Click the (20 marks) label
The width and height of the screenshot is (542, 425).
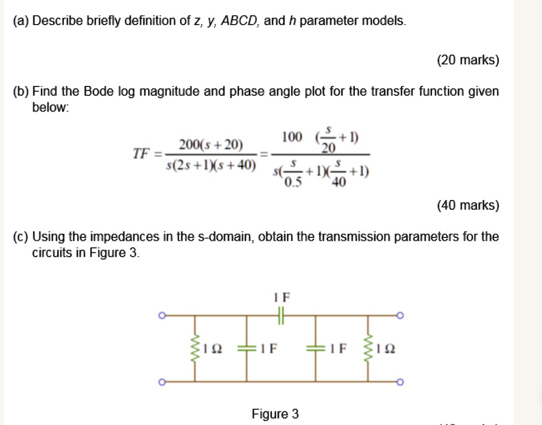(x=468, y=60)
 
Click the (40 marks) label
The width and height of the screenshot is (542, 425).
(x=468, y=205)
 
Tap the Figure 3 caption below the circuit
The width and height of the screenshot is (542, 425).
(x=275, y=413)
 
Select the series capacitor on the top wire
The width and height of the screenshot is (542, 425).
(x=281, y=316)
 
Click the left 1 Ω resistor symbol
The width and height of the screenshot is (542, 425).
(x=195, y=348)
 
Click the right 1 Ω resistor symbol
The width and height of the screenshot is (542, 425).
(x=368, y=348)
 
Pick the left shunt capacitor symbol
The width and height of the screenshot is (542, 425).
(x=247, y=348)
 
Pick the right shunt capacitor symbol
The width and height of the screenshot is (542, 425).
(x=315, y=348)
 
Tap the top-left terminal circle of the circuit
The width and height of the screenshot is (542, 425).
(x=162, y=316)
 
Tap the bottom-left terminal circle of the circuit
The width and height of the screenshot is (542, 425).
(x=162, y=382)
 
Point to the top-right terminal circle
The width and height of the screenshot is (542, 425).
(x=400, y=316)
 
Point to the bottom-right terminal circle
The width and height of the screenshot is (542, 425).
(x=400, y=382)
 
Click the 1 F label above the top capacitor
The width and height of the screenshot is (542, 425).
(x=282, y=297)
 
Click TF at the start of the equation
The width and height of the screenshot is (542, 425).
(x=141, y=153)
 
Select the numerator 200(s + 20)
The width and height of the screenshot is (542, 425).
(x=211, y=144)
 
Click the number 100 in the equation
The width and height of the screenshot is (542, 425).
(x=292, y=137)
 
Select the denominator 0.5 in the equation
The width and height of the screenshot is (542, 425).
(x=293, y=182)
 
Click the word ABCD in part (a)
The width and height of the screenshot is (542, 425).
(x=240, y=21)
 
